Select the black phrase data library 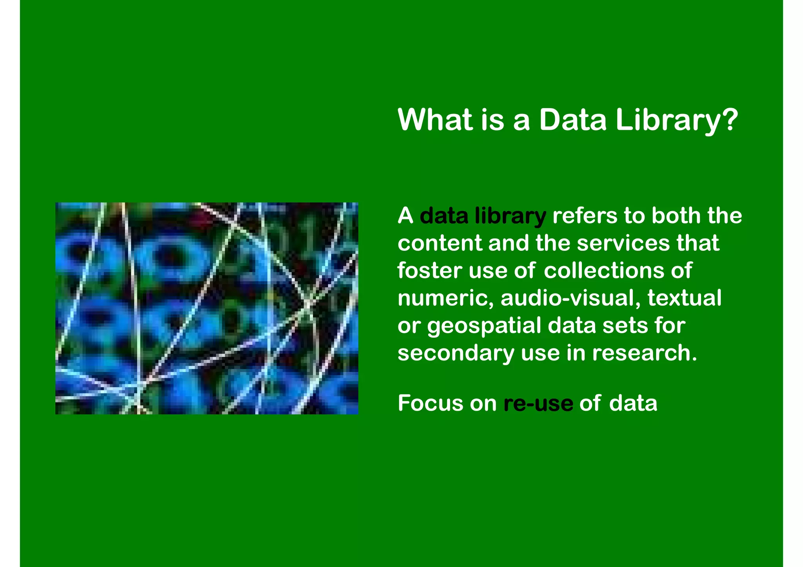[x=483, y=216]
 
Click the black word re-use [x=538, y=404]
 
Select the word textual [x=684, y=298]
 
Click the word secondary [x=456, y=353]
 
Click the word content [x=440, y=243]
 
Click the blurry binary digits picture [x=207, y=308]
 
